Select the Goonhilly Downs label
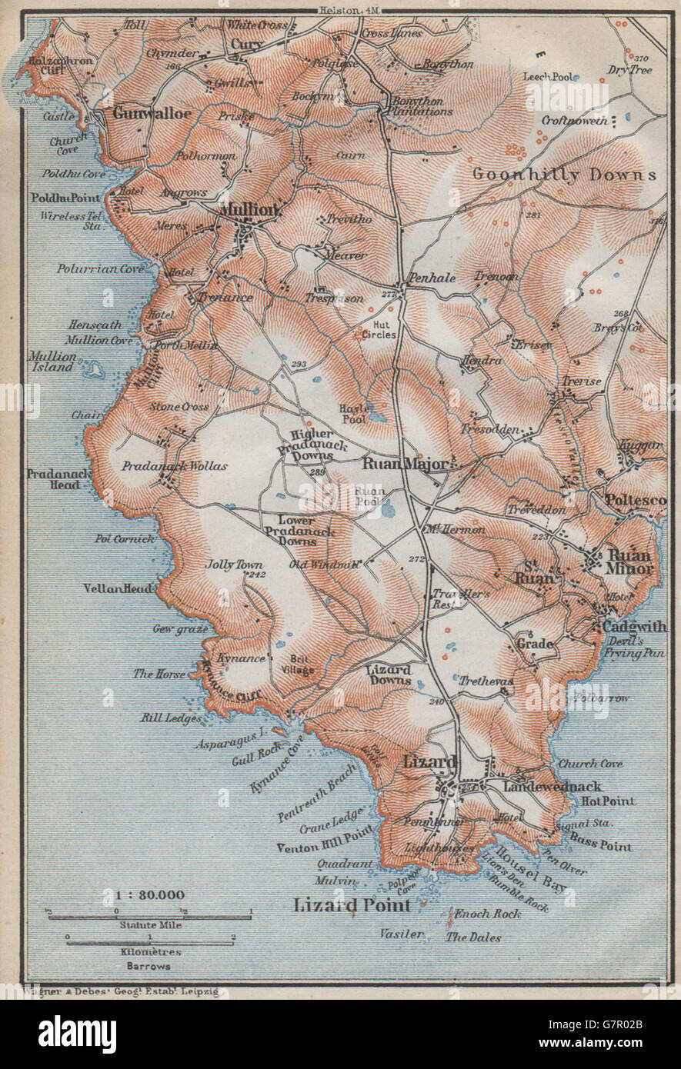click(x=564, y=175)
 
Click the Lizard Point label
click(x=352, y=905)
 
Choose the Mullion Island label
click(x=53, y=361)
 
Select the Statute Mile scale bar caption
click(x=149, y=927)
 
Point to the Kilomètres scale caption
click(x=149, y=952)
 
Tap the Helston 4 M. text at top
click(x=343, y=9)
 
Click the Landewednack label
click(x=552, y=787)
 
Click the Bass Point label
click(x=600, y=847)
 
